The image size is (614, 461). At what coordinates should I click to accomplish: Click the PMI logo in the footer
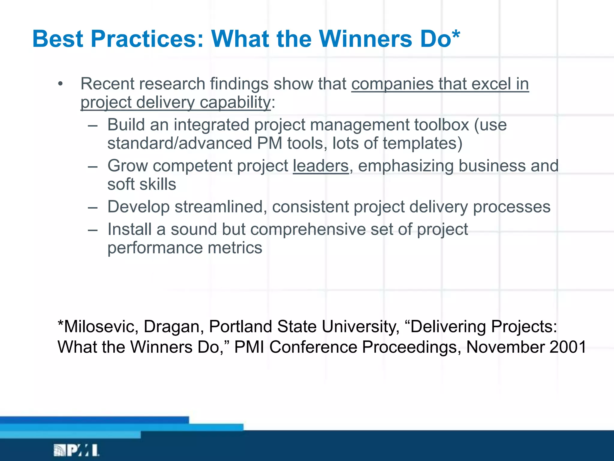pos(76,450)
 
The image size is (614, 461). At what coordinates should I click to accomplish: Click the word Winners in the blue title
pos(365,39)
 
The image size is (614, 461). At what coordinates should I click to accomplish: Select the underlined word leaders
pos(321,166)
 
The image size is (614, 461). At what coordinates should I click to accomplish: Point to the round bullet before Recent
pos(61,84)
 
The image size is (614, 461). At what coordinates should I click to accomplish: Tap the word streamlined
pos(219,207)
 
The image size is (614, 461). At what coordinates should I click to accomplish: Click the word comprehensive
pos(308,230)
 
